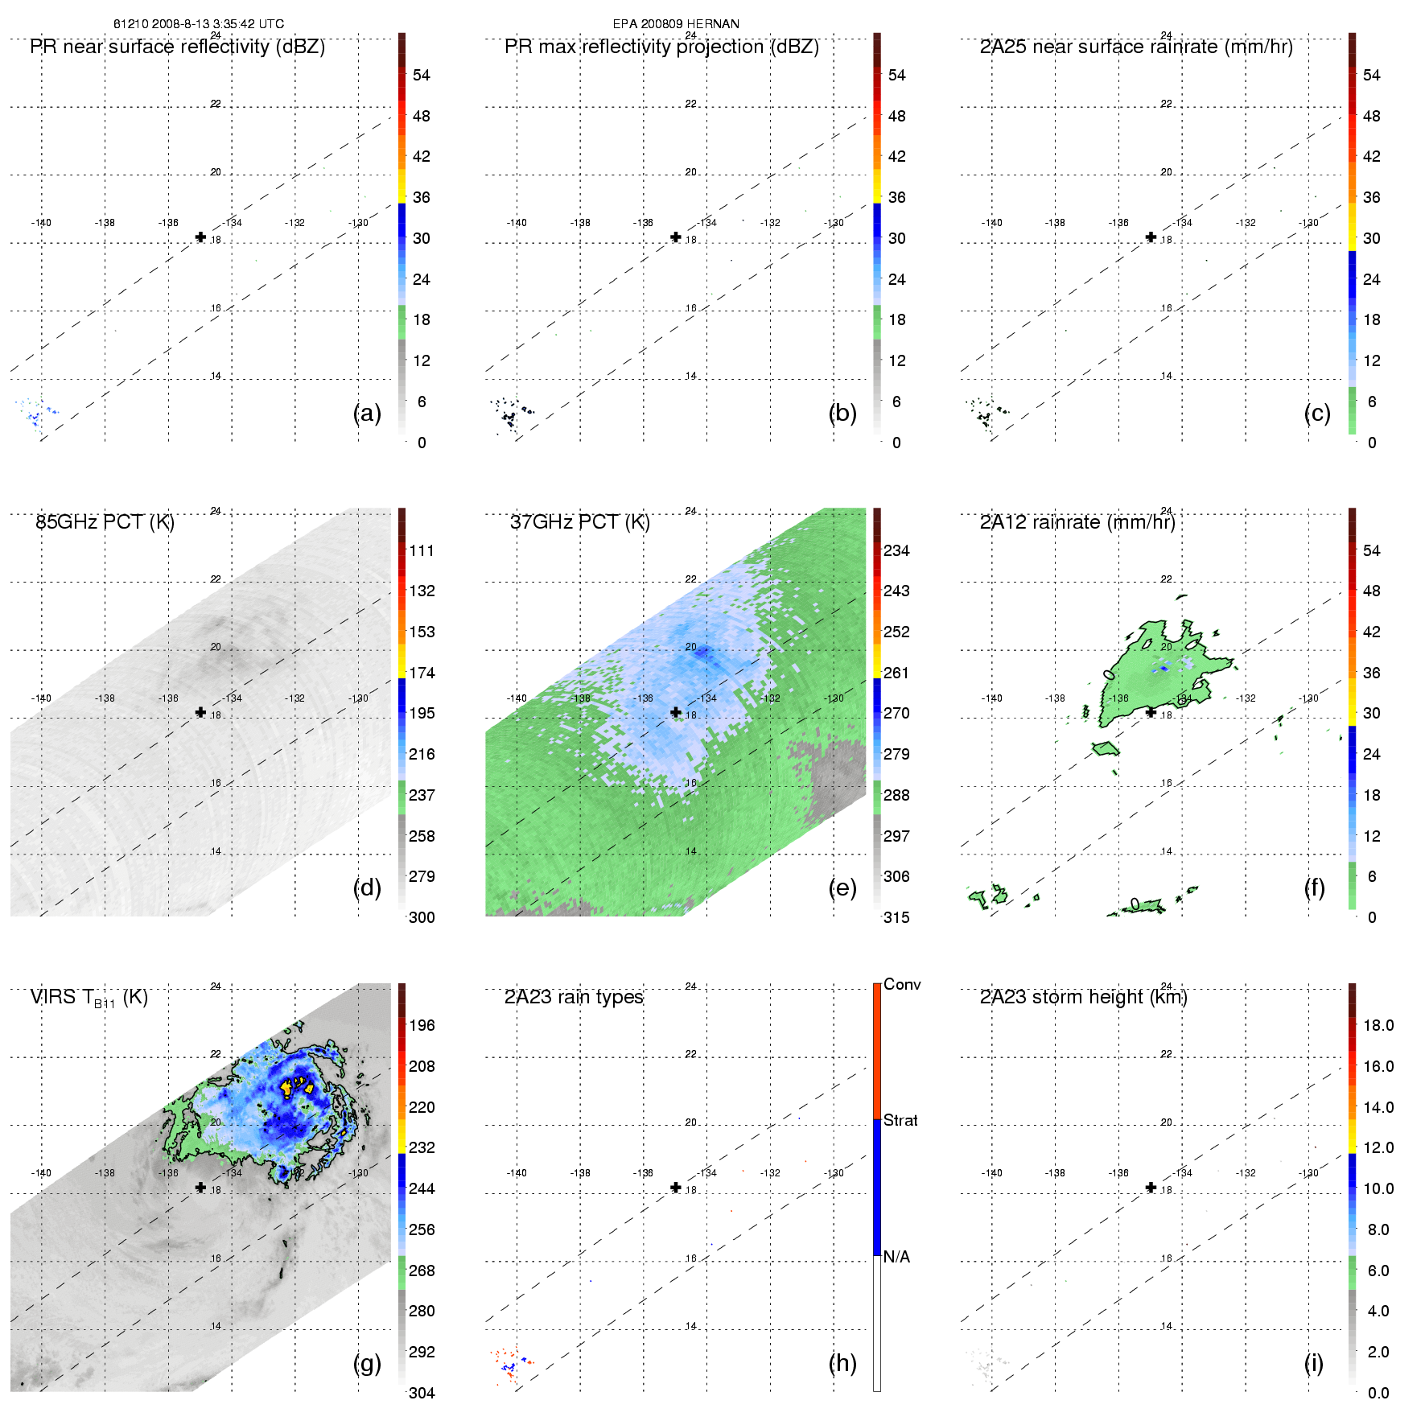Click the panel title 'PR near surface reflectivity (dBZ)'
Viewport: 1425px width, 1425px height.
pos(177,47)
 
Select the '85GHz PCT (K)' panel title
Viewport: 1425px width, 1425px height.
pos(105,522)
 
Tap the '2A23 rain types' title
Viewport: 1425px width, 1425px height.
pos(574,997)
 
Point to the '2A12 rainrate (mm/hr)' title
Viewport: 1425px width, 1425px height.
pos(1077,522)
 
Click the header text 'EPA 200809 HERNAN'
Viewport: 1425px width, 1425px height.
pos(676,24)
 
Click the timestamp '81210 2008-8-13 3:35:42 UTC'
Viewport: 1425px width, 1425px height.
pos(198,24)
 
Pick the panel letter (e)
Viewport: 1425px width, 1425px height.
pos(842,888)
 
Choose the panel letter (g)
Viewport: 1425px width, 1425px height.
pos(367,1362)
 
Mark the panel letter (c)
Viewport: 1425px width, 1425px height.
pos(1317,413)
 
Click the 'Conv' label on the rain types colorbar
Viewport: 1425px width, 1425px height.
pos(902,984)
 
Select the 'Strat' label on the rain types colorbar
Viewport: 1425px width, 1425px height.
pos(900,1120)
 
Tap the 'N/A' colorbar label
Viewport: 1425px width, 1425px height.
pos(896,1257)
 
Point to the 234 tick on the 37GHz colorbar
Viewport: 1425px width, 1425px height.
pos(896,550)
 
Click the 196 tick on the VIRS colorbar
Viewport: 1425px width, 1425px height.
pos(422,1025)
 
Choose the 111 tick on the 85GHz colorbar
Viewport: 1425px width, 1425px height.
pos(422,550)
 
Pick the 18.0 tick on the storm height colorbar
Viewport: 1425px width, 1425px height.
pos(1378,1025)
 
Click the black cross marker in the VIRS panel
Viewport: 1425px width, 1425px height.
pos(200,1187)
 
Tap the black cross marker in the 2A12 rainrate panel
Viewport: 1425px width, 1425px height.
pos(1151,712)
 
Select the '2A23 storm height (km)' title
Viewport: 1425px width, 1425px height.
pos(1083,997)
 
